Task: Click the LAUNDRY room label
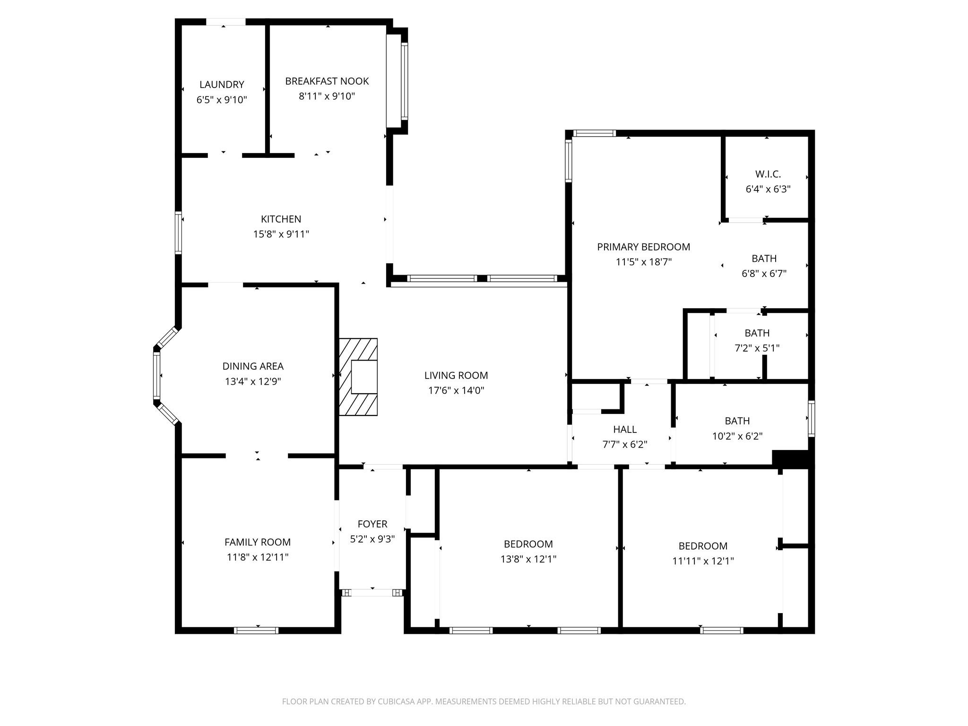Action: click(x=222, y=85)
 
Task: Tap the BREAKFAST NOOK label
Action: click(x=327, y=81)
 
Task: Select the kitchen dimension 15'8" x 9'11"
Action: click(x=281, y=234)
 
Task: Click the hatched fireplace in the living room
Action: click(x=358, y=377)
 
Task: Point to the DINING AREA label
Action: click(x=253, y=366)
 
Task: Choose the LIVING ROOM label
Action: click(x=456, y=375)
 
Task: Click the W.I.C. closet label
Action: click(x=768, y=174)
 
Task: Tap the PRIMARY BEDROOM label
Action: click(x=644, y=247)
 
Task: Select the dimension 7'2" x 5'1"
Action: click(x=757, y=348)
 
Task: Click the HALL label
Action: click(x=625, y=429)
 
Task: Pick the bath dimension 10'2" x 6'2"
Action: click(x=737, y=436)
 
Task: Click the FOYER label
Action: click(x=372, y=524)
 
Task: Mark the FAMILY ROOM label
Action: click(x=258, y=542)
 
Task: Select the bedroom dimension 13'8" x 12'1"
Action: click(x=528, y=559)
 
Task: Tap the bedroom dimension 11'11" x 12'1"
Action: click(x=703, y=561)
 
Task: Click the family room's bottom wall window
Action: click(x=256, y=630)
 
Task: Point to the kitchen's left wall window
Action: click(x=178, y=233)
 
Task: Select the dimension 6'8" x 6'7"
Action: click(x=764, y=273)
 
